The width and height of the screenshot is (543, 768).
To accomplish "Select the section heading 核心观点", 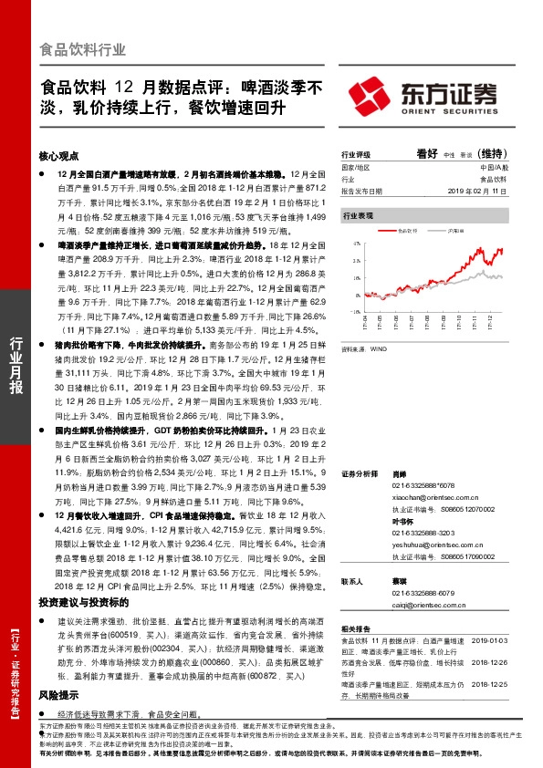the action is click(x=60, y=156).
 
